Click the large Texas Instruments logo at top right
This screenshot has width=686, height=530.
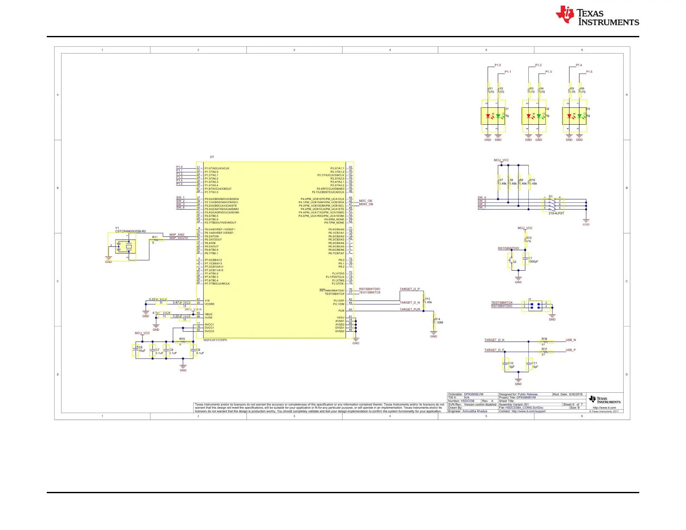pos(597,16)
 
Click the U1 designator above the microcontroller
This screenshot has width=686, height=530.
pos(212,157)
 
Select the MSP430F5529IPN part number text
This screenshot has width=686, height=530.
pos(215,340)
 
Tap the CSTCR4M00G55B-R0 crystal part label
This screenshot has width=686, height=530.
pos(130,232)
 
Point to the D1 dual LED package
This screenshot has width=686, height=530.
pos(493,116)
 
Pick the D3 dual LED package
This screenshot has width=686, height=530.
pos(574,116)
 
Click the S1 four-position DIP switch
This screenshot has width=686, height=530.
pos(552,204)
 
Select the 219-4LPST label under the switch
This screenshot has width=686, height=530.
pos(556,213)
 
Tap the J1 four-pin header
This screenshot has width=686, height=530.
pos(535,306)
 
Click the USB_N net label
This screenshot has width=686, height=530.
pos(570,340)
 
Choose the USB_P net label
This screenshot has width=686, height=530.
pos(570,350)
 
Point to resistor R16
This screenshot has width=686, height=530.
pos(545,342)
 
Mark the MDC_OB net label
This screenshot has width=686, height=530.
pos(366,201)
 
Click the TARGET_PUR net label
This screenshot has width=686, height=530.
pos(410,310)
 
